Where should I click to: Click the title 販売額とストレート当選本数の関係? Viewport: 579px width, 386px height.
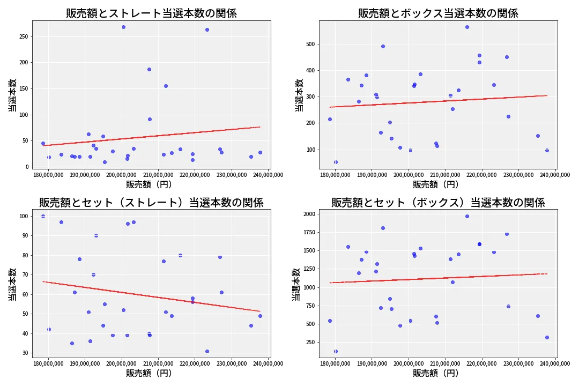coord(151,13)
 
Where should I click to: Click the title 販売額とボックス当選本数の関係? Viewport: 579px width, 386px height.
coord(438,13)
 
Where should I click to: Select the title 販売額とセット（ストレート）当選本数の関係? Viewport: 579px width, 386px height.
coord(151,203)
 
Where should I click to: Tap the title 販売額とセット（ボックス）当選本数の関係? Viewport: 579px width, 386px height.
coord(438,203)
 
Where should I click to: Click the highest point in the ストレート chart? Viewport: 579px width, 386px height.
coord(123,27)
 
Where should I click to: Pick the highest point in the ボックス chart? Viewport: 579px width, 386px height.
coord(467,27)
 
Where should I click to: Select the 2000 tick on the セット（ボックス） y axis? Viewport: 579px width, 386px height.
coord(309,214)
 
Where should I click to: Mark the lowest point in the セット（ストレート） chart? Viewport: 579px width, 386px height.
coord(207,351)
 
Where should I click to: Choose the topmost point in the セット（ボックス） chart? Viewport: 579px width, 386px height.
coord(467,216)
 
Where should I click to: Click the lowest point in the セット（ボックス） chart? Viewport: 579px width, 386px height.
coord(336,351)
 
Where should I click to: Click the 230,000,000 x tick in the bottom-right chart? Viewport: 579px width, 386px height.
coord(518,363)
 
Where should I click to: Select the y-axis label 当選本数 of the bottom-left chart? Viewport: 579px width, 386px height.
coord(12,284)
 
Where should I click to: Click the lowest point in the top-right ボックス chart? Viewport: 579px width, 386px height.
coord(336,162)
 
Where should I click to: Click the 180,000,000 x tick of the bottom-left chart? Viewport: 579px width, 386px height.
coord(48,363)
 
